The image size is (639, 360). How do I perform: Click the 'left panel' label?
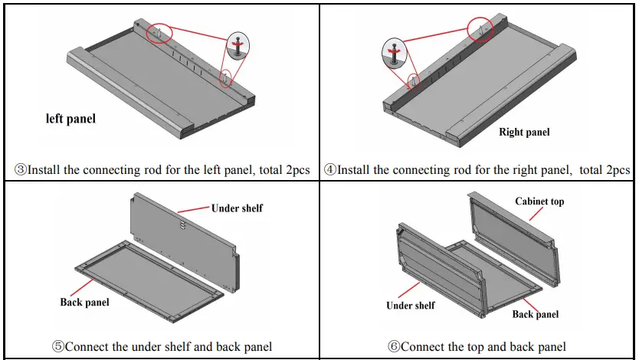tap(70, 119)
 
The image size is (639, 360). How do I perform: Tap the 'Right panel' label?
tap(524, 132)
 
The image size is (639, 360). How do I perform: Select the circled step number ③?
tap(21, 170)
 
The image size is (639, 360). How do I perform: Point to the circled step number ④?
tap(330, 170)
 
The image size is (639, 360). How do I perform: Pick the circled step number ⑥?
tap(394, 346)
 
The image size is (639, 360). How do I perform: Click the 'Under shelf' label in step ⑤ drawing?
tap(238, 208)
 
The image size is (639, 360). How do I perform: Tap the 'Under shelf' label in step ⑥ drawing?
tap(411, 305)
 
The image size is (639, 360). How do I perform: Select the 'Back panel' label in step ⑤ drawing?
tap(84, 302)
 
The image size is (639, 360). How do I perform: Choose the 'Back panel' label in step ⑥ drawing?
tap(536, 314)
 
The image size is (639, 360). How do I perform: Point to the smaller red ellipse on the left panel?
tap(225, 78)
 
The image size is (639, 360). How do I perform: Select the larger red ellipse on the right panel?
tap(481, 28)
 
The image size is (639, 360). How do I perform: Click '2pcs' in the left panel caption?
tap(297, 170)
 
